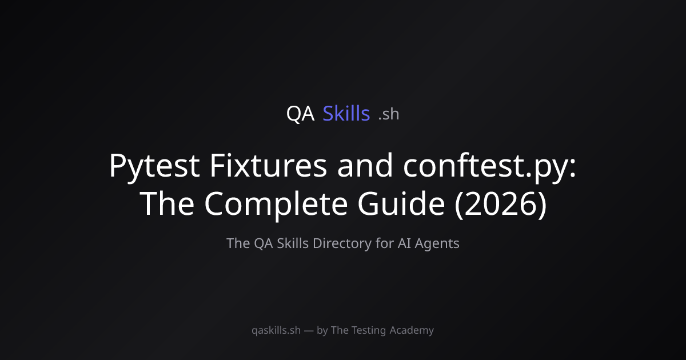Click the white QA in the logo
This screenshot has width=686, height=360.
point(300,114)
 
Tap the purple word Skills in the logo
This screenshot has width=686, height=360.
point(346,113)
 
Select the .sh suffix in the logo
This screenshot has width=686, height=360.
point(389,114)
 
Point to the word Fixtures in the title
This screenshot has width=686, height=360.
point(268,165)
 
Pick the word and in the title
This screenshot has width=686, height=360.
point(365,165)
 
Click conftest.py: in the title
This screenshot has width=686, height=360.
point(490,167)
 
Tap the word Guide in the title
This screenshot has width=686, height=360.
point(401,203)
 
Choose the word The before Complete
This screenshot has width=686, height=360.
point(167,203)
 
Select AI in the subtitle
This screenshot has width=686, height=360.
point(404,243)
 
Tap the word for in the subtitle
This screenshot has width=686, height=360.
point(385,243)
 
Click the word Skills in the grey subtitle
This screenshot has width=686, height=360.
point(293,243)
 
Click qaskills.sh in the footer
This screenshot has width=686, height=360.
point(276,331)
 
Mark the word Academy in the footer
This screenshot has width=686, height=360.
point(412,331)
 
